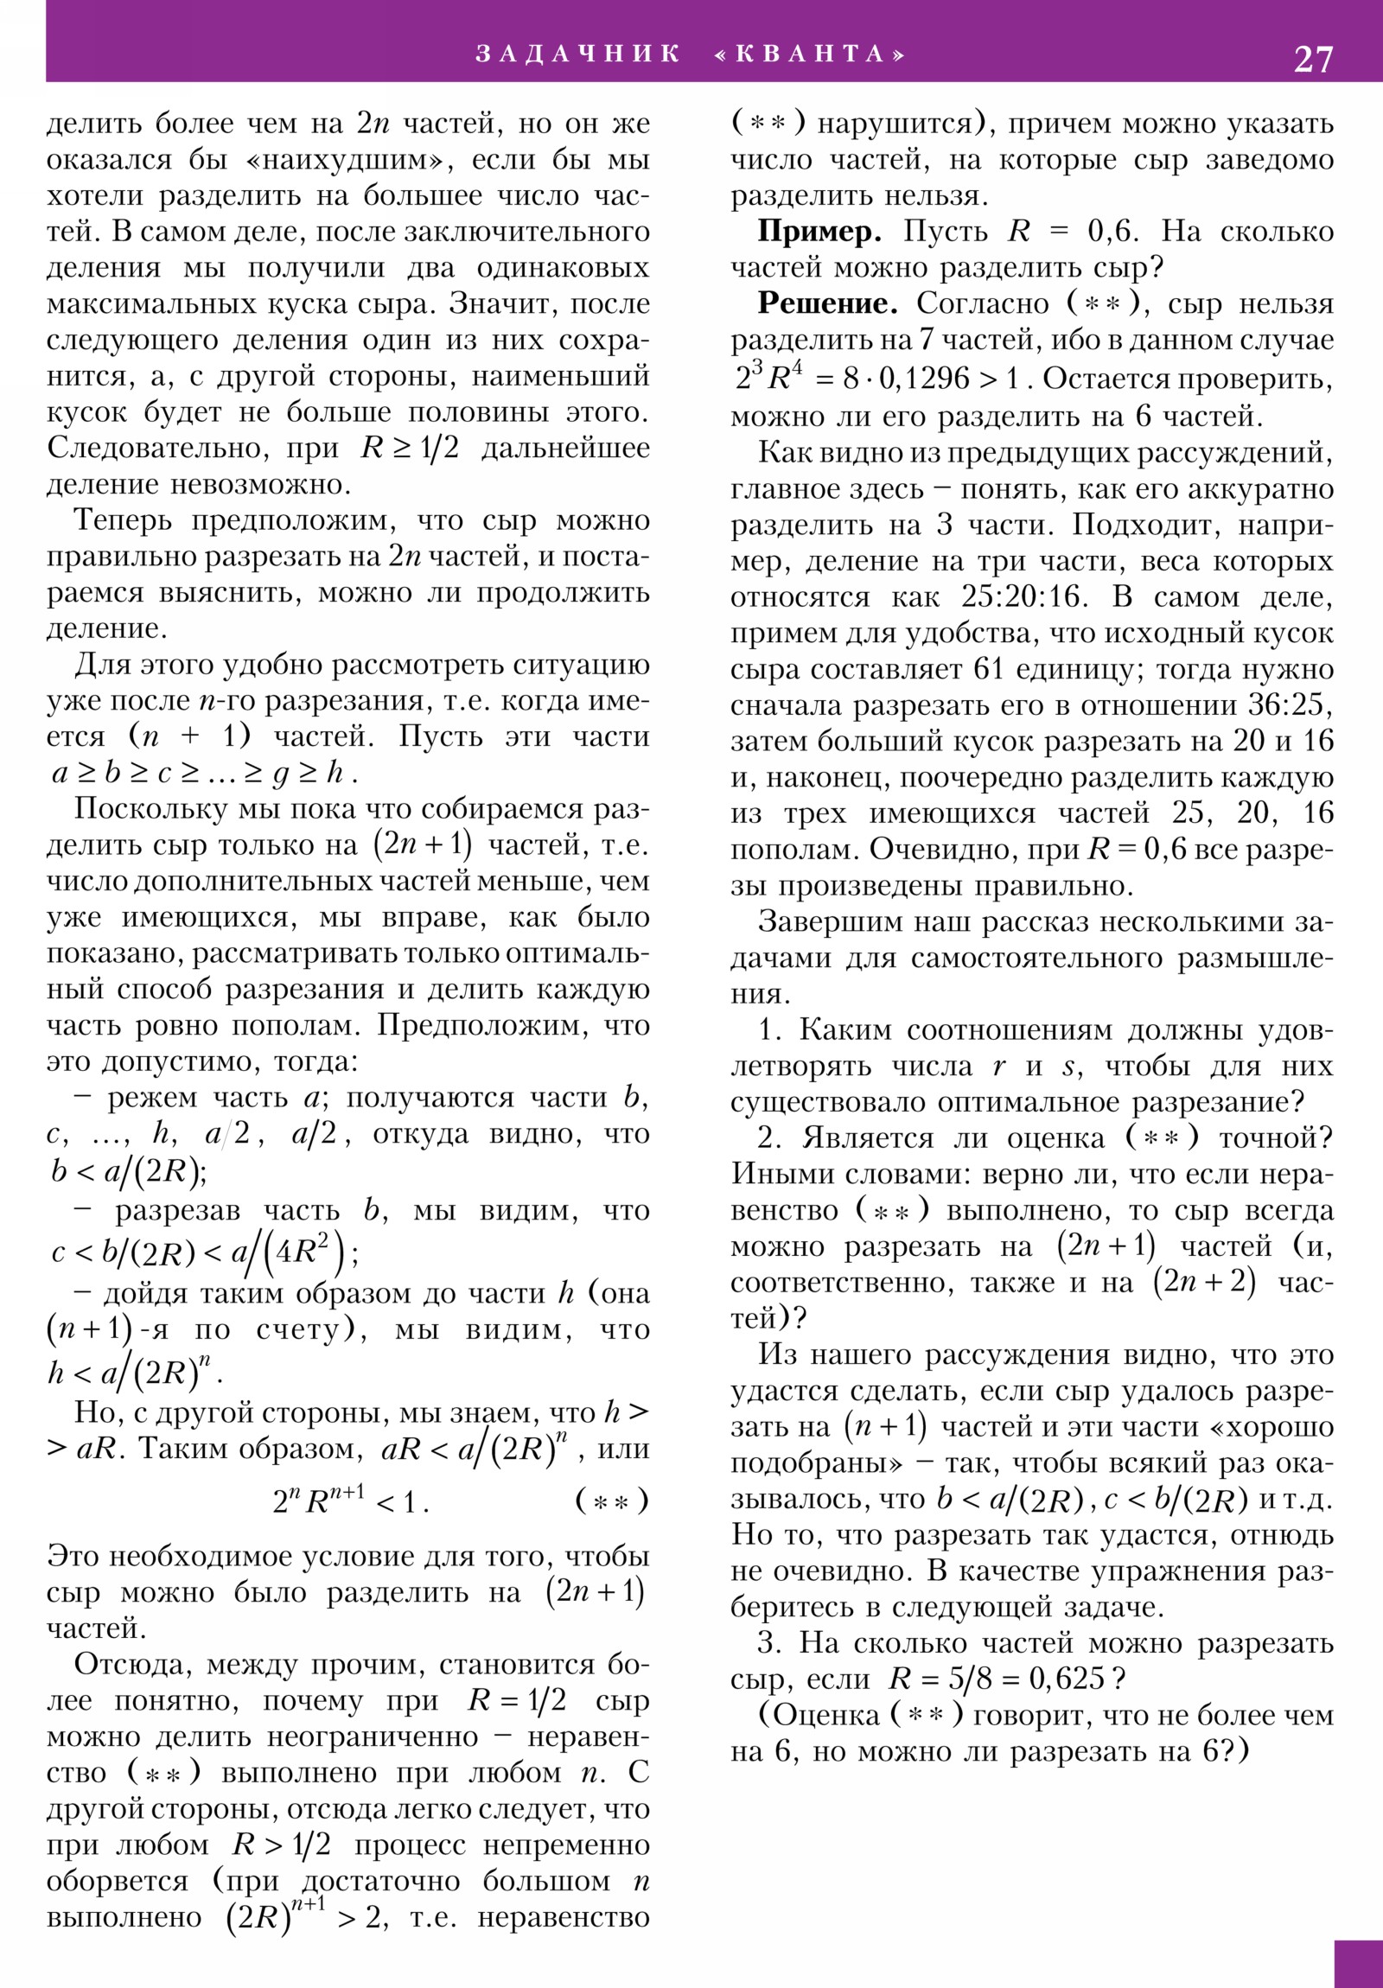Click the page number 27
[1313, 59]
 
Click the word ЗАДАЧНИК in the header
[578, 54]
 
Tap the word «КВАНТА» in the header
[810, 54]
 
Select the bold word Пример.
[819, 232]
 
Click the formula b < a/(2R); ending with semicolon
[128, 1170]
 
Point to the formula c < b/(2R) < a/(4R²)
[205, 1251]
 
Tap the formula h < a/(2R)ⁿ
[135, 1371]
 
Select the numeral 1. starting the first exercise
[769, 1030]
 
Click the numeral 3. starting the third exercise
[769, 1643]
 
